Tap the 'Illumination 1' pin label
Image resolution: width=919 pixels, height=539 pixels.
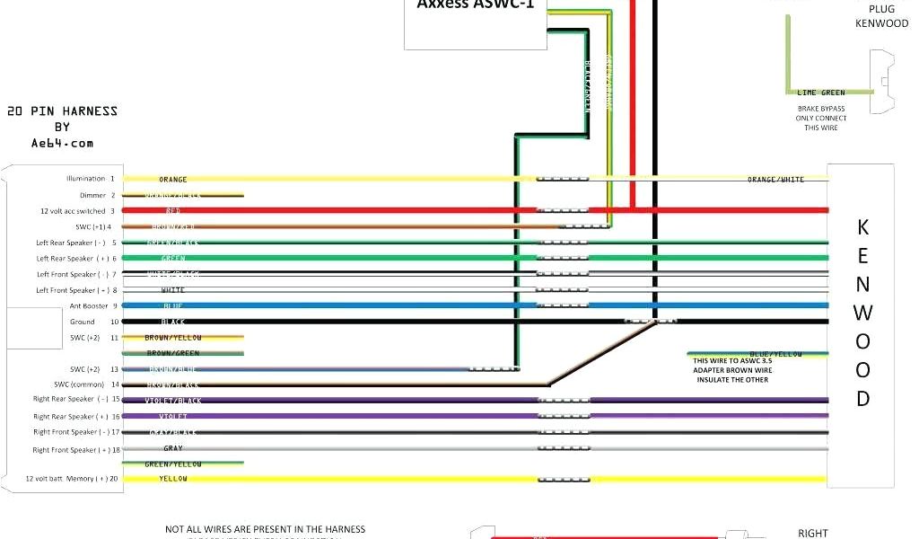coord(91,179)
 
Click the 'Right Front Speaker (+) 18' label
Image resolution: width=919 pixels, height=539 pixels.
coord(76,449)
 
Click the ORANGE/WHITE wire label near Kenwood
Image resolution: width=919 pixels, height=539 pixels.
coord(775,180)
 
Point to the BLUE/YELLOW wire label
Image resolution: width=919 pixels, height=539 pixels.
coord(775,354)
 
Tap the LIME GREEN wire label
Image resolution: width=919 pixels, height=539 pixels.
coord(820,93)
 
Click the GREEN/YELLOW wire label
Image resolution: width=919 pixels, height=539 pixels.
coord(173,464)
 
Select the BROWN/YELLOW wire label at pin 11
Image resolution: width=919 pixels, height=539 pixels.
coord(173,338)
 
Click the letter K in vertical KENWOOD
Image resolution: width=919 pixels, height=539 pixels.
coord(862,226)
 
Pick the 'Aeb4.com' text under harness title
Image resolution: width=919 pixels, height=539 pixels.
coord(62,143)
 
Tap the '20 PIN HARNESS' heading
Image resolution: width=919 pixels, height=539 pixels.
coord(62,111)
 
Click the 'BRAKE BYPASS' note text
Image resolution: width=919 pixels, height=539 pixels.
coord(820,109)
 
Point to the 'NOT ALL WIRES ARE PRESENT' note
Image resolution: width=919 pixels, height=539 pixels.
coord(265,529)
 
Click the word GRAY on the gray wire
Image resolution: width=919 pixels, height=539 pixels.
coord(173,448)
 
